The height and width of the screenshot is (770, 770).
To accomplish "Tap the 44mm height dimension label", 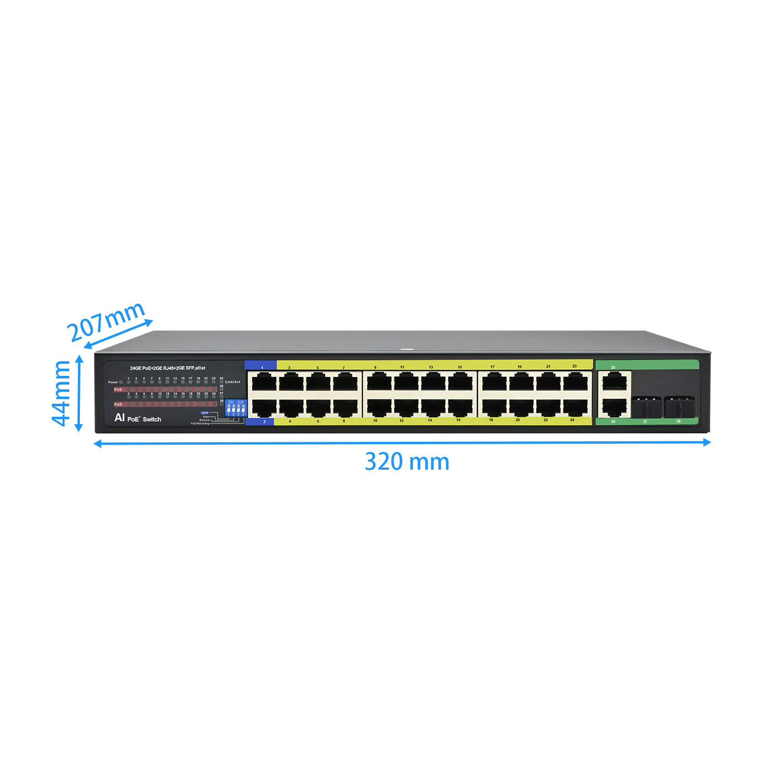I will click(x=62, y=393).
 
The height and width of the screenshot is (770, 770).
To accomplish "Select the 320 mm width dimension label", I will click(x=407, y=462).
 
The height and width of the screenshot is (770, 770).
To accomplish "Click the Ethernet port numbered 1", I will click(x=264, y=383).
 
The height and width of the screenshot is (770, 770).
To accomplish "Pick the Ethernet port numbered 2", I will click(x=264, y=408).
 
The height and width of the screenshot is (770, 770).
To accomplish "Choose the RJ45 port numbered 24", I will click(x=575, y=408).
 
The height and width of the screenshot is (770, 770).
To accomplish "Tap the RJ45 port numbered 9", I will click(x=379, y=383).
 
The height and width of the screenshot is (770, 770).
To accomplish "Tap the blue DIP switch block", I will click(x=236, y=409).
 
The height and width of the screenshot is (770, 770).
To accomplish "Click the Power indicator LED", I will click(x=121, y=382).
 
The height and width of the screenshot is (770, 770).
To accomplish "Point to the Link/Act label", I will click(x=232, y=382).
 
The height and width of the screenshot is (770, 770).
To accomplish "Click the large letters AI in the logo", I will click(x=119, y=417).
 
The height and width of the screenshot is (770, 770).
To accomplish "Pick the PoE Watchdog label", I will click(x=200, y=423).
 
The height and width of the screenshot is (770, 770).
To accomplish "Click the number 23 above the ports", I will click(x=574, y=366).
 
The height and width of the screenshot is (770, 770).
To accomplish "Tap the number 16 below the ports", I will click(x=458, y=420).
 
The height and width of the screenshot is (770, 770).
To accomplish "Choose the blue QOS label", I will click(x=205, y=413).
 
